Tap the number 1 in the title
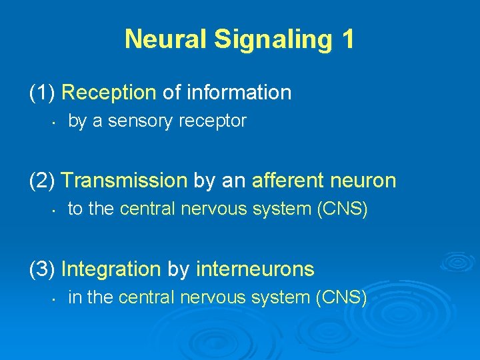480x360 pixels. (x=347, y=39)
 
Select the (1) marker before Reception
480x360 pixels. (x=43, y=93)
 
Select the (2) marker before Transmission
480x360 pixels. (x=43, y=181)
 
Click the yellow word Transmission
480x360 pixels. (x=125, y=181)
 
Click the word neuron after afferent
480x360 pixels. (x=365, y=181)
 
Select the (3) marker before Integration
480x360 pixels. (x=43, y=269)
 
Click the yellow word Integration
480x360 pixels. (x=111, y=269)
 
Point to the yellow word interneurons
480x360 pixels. (x=255, y=269)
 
